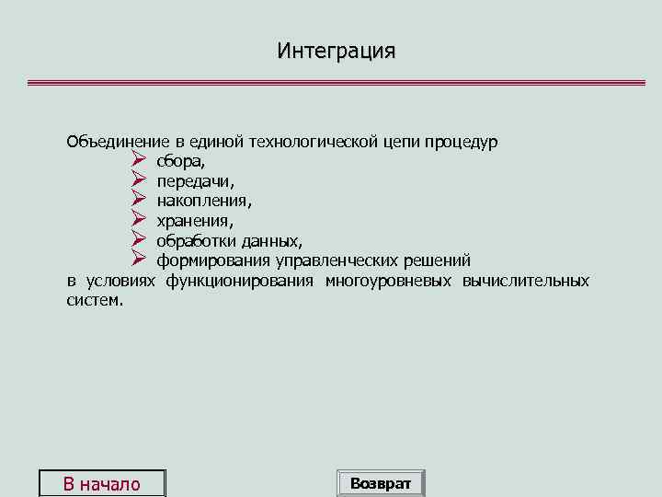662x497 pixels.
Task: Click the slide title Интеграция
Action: (337, 51)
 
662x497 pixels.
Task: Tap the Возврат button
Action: (381, 483)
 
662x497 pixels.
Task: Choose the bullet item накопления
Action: (203, 202)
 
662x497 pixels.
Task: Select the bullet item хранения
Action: (194, 222)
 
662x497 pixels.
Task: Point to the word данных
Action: (270, 241)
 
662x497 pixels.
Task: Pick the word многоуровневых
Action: (389, 281)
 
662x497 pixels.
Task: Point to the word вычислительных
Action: (527, 281)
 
